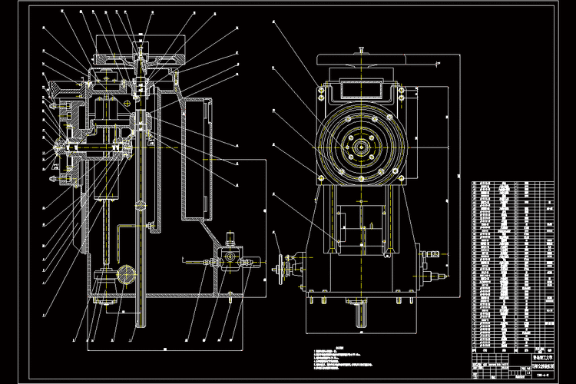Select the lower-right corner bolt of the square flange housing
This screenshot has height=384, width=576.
(x=400, y=178)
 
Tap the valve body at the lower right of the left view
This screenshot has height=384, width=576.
(x=229, y=258)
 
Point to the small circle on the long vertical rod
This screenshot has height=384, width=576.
(x=140, y=205)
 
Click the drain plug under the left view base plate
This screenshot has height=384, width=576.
(x=230, y=296)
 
